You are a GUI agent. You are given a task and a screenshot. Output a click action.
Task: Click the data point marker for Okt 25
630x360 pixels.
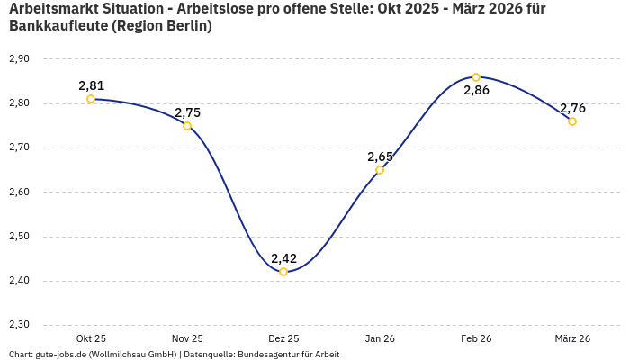(x=91, y=99)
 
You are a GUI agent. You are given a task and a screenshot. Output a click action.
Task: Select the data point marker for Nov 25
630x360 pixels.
(x=187, y=126)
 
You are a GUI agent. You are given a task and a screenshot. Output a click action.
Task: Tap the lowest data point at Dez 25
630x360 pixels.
(x=283, y=272)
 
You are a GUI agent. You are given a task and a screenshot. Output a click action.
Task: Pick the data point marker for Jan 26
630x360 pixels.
(x=380, y=170)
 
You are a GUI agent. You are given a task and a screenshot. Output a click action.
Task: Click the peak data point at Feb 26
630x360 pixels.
(x=476, y=77)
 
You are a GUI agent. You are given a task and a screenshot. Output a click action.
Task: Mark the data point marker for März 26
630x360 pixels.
(x=572, y=121)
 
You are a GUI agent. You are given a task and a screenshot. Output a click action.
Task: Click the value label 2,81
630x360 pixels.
(x=91, y=85)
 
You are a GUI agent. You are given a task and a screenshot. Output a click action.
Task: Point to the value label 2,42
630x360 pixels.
(x=283, y=258)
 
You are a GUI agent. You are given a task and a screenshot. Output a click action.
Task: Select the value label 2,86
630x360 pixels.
(x=476, y=91)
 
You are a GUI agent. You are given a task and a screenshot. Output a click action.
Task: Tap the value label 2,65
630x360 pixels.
(x=380, y=157)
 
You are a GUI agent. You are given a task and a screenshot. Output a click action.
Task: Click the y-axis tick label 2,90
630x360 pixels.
(x=19, y=58)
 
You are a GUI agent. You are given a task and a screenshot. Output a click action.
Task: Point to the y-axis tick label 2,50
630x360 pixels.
(x=19, y=237)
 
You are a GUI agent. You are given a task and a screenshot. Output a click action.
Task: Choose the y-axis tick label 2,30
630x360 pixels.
(x=19, y=325)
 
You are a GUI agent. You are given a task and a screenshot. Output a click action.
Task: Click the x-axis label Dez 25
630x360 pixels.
(x=283, y=338)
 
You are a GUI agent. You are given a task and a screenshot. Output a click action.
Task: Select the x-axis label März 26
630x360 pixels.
(x=572, y=338)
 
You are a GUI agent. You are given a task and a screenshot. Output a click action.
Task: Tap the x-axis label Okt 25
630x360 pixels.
(x=91, y=338)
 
